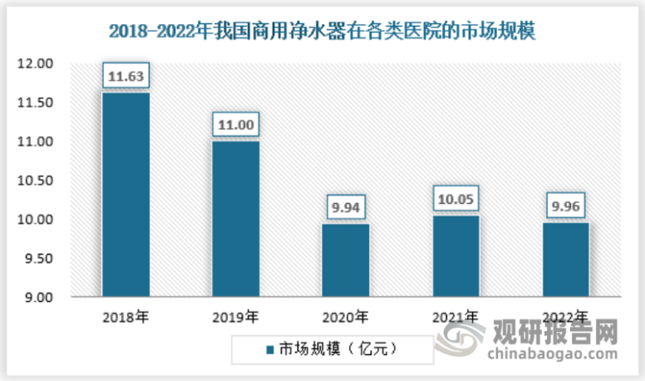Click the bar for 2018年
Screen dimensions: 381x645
[126, 194]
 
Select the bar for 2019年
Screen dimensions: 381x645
[236, 218]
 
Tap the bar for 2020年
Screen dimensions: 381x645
[346, 260]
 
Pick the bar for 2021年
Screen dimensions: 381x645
[456, 255]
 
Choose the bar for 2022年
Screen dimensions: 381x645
[566, 259]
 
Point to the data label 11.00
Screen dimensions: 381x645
[236, 126]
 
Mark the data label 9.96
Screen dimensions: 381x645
[566, 206]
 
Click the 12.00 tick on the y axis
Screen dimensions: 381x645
[36, 64]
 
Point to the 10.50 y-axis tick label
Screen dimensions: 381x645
[36, 181]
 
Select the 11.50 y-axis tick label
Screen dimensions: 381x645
[36, 102]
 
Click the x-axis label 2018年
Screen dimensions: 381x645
[126, 316]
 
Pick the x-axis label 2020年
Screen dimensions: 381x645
[346, 316]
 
